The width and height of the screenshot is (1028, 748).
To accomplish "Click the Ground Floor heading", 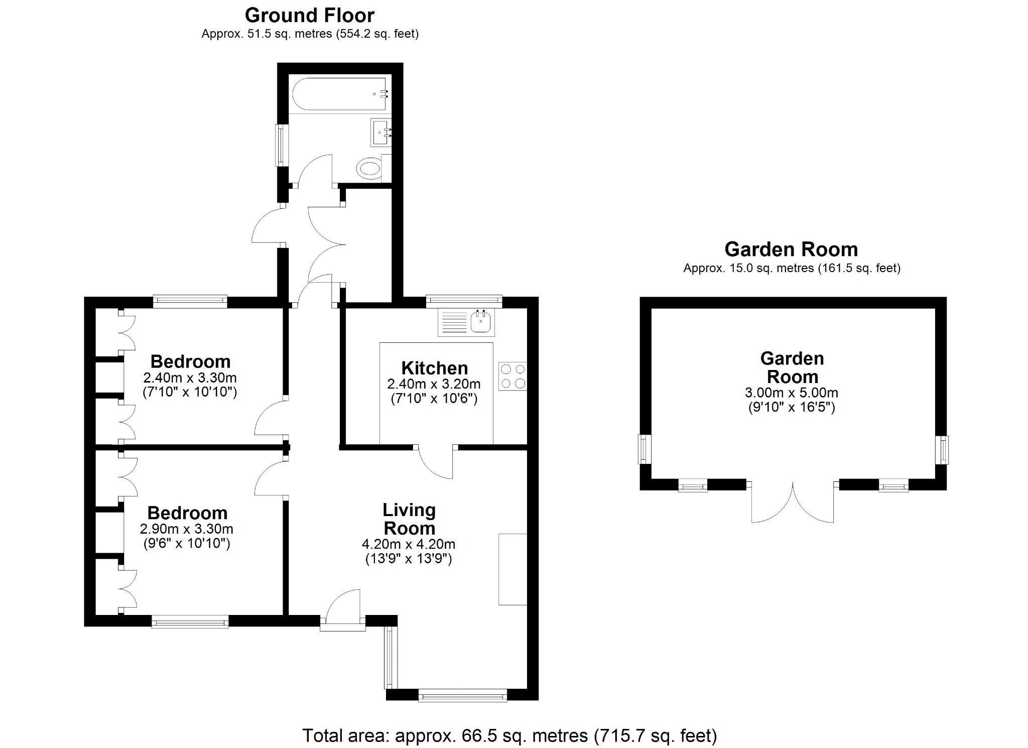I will (x=309, y=16).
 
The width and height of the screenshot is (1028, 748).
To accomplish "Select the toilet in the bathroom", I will (x=371, y=168).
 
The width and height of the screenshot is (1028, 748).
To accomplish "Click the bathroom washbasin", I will (x=381, y=133).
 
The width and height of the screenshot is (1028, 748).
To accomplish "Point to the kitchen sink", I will (x=480, y=321).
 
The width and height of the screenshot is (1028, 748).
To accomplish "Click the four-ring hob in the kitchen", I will (x=512, y=377).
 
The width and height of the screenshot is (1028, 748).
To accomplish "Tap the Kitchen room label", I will (x=434, y=368).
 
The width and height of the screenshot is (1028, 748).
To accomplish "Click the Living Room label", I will (x=409, y=519).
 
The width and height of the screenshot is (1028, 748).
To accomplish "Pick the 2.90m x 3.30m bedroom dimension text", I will (x=186, y=529).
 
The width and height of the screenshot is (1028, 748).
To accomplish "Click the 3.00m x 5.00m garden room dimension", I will (x=792, y=393).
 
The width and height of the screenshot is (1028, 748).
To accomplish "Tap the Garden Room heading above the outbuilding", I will (x=791, y=250).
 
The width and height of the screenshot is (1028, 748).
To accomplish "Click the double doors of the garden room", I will (x=793, y=502).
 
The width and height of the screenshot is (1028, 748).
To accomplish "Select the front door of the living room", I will (x=343, y=610).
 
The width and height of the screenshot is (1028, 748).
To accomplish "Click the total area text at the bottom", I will (x=509, y=735).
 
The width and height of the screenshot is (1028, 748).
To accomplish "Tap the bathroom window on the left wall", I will (x=282, y=145).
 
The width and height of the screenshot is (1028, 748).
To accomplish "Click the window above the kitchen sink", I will (x=464, y=301).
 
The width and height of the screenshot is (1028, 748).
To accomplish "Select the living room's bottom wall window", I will (x=462, y=696).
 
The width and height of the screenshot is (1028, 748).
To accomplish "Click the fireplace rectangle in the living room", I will (x=512, y=569).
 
